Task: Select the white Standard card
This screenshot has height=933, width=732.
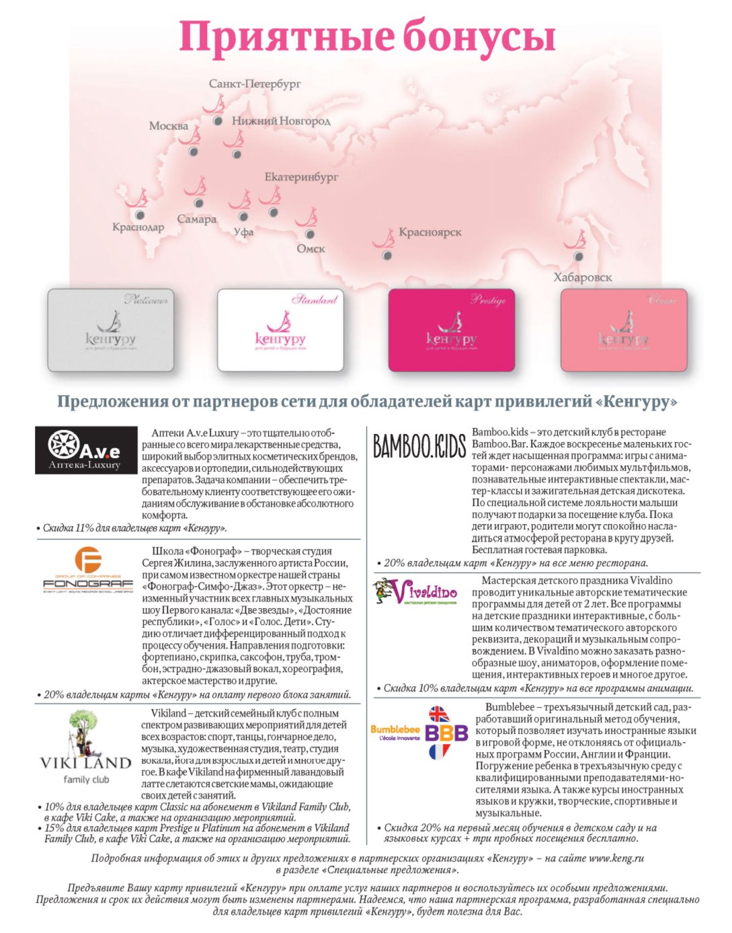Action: tap(280, 330)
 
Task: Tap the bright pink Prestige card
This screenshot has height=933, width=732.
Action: tap(451, 330)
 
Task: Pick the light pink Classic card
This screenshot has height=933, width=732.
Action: tap(623, 330)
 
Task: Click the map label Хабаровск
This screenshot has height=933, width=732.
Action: tap(583, 277)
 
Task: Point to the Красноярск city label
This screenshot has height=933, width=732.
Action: tap(430, 232)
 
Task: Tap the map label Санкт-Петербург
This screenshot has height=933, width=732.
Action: tap(255, 84)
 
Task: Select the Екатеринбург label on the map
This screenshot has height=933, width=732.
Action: tap(301, 177)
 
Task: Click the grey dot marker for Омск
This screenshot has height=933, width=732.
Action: tap(310, 234)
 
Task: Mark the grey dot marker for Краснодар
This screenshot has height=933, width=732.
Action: tap(139, 215)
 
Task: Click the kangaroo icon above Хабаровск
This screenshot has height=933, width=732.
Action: tap(575, 240)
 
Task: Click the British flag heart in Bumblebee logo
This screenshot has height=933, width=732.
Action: tap(438, 714)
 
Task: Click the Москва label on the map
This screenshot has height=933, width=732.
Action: tap(169, 126)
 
